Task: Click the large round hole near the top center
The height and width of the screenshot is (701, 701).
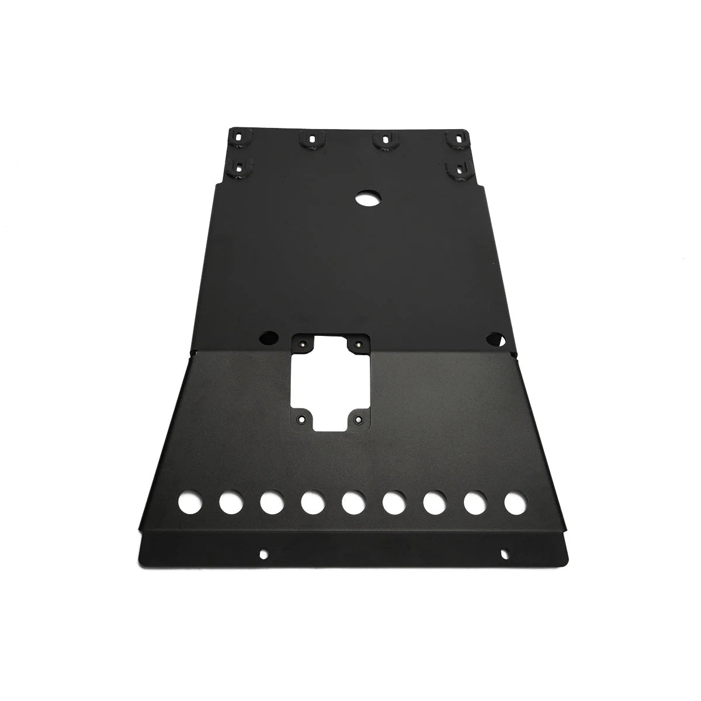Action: coord(367,198)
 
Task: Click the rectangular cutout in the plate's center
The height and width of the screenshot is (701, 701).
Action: coord(330,383)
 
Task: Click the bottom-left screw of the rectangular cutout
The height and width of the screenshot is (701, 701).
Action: coord(302,419)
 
